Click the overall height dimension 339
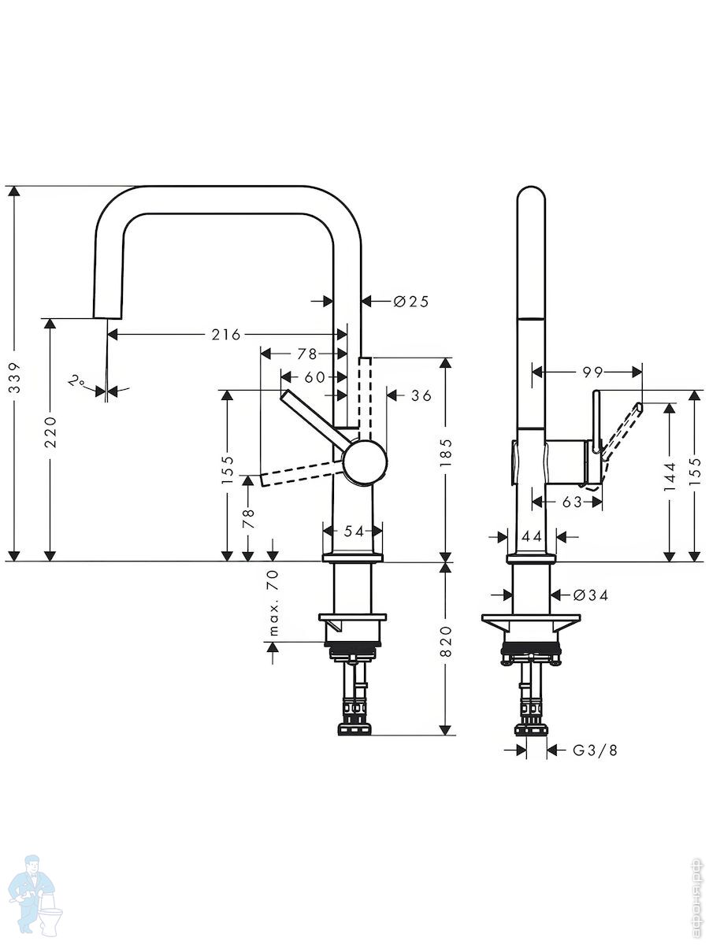click(x=15, y=377)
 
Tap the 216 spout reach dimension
click(x=226, y=334)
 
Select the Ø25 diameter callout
click(x=411, y=302)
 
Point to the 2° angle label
click(x=76, y=380)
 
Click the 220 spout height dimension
click(x=50, y=432)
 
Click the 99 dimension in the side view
click(x=592, y=372)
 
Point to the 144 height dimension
click(x=670, y=477)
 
